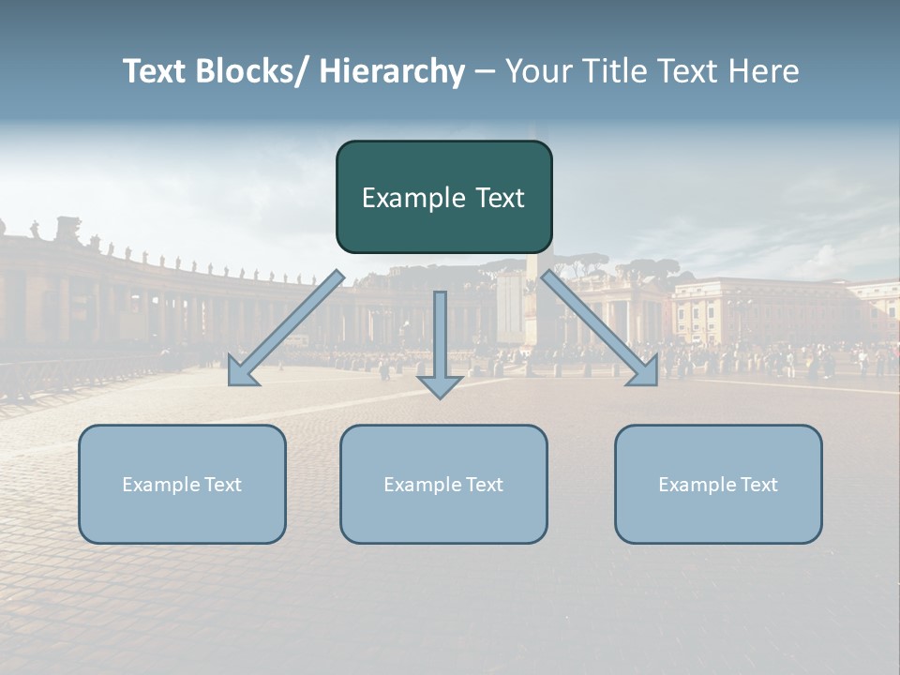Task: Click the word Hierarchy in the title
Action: [391, 71]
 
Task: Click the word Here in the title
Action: [763, 71]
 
